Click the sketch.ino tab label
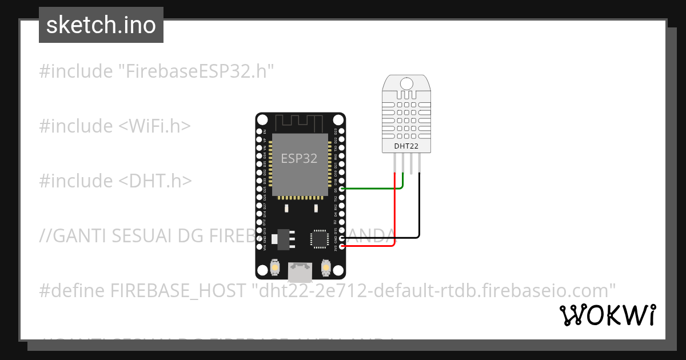tap(101, 25)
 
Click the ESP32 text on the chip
tap(299, 158)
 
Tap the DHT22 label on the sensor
tap(406, 146)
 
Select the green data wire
tap(372, 189)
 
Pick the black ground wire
tap(420, 211)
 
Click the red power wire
tap(395, 217)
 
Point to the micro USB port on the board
tap(300, 271)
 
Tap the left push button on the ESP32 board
tap(275, 267)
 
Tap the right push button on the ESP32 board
tap(326, 267)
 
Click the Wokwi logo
tap(607, 315)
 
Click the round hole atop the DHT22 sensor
tap(406, 84)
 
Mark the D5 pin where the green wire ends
tap(342, 189)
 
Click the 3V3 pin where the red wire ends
tap(342, 246)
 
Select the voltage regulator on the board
tap(282, 239)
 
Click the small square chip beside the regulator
tap(318, 238)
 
